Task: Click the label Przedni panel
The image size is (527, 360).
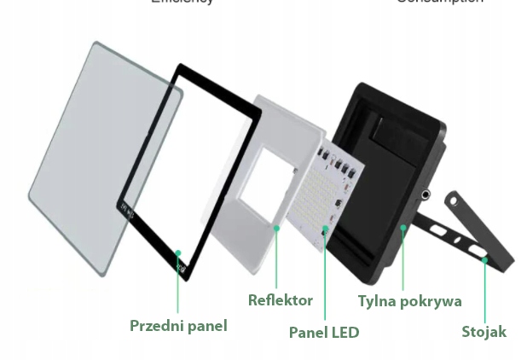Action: point(178,325)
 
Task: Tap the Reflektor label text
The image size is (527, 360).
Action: point(280,300)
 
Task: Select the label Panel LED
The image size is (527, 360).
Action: point(324,332)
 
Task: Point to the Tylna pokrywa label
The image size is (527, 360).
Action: point(409,301)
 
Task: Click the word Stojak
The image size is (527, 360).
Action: point(484,332)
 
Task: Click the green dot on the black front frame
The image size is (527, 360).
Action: point(178,253)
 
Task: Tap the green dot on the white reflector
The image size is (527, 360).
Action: point(276,228)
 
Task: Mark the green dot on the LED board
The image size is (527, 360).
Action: point(325,230)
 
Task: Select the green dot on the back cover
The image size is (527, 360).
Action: point(402,227)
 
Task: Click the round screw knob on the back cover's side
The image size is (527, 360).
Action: point(425,195)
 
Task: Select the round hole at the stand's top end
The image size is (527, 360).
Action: point(454,203)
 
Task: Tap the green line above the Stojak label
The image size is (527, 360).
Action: point(484,290)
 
